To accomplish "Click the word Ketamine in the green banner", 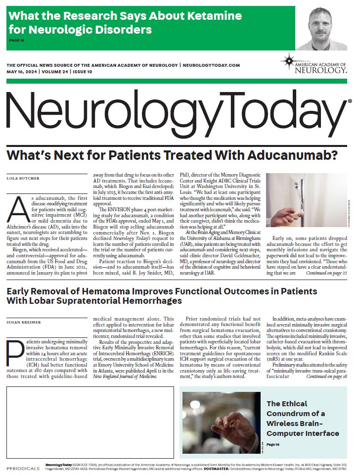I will pyautogui.click(x=218, y=16).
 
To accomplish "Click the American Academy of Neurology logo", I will pyautogui.click(x=313, y=64).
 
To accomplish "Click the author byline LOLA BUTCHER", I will pyautogui.click(x=23, y=177).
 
